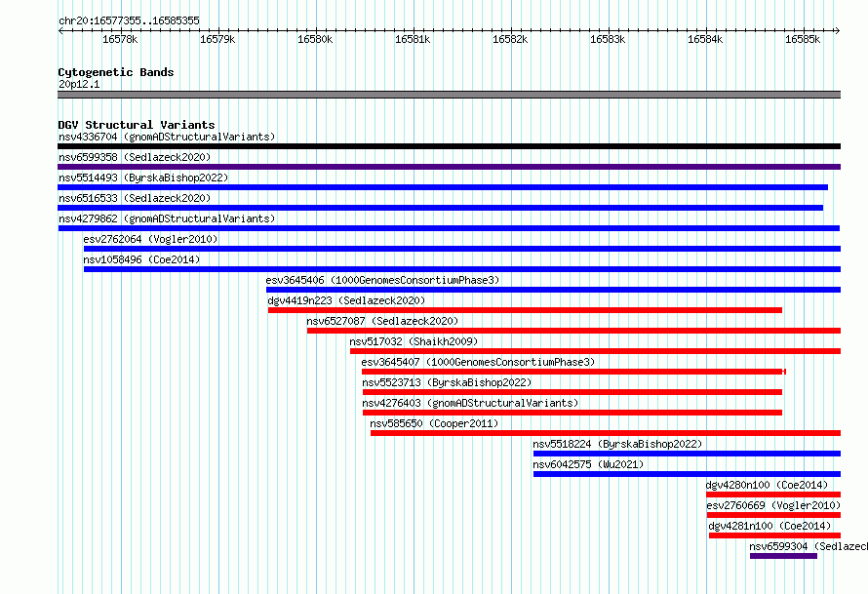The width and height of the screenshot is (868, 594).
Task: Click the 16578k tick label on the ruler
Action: click(x=120, y=39)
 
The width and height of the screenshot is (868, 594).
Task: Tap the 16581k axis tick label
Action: click(x=413, y=39)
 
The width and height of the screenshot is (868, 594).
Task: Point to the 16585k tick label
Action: click(x=803, y=39)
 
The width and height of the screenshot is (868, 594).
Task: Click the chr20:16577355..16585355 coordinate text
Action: click(x=129, y=21)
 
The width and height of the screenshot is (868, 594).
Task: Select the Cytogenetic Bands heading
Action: click(x=116, y=72)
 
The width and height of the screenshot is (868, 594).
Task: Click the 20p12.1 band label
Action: click(x=79, y=84)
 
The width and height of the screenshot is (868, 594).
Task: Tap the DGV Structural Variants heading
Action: click(x=137, y=125)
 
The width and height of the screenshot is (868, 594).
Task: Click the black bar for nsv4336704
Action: click(x=449, y=146)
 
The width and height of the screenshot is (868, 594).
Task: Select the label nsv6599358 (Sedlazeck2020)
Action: click(x=135, y=157)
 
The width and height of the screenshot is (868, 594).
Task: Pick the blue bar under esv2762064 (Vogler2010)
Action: click(x=462, y=249)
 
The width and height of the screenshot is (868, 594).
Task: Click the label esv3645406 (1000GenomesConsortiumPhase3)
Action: click(x=382, y=280)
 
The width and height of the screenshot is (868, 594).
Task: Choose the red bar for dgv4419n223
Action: click(x=525, y=310)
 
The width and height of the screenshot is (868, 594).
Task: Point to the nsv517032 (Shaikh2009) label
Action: click(x=414, y=341)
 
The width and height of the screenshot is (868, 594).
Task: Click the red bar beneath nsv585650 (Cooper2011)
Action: click(x=606, y=433)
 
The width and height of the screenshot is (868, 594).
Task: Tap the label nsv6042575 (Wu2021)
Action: click(x=588, y=464)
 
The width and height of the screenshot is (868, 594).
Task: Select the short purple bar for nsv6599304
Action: click(x=783, y=556)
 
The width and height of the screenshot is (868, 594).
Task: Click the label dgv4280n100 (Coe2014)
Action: click(x=767, y=485)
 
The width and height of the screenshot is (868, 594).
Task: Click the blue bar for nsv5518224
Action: click(x=687, y=454)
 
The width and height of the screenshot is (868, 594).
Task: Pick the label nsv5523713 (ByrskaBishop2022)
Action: click(x=447, y=382)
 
